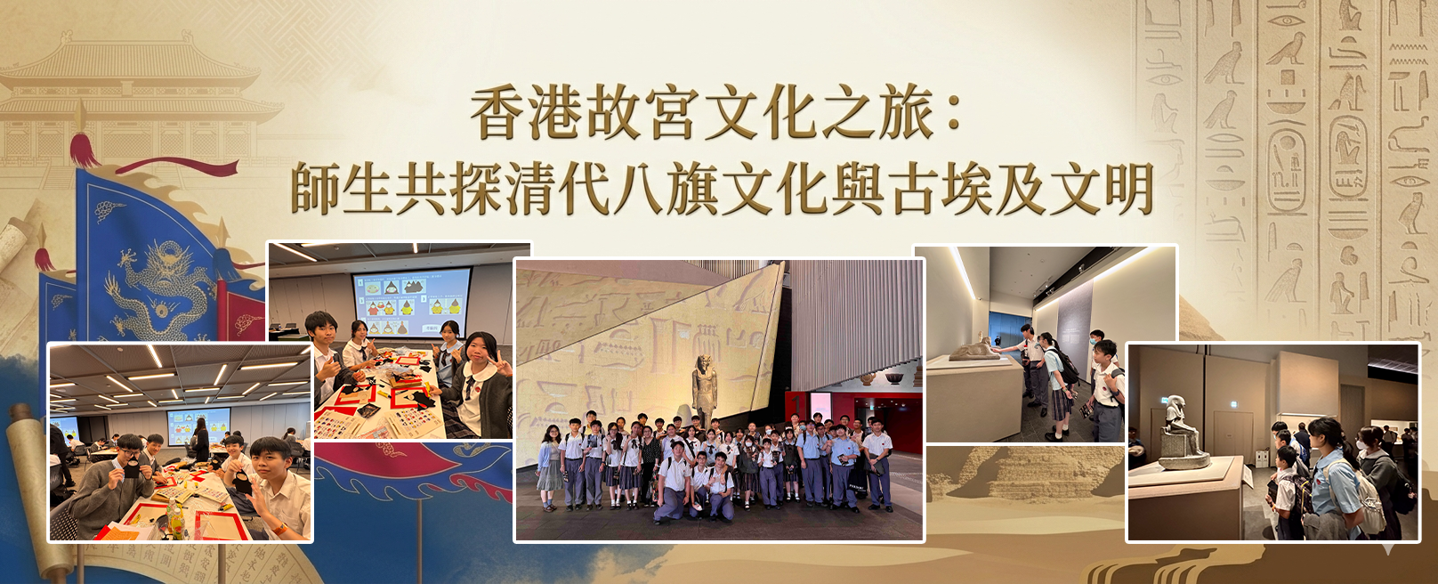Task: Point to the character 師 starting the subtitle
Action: pyautogui.click(x=315, y=188)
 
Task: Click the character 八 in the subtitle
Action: pyautogui.click(x=638, y=188)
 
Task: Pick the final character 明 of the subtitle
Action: pyautogui.click(x=1127, y=188)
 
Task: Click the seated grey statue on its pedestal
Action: pyautogui.click(x=1181, y=432)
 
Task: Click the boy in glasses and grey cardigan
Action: pyautogui.click(x=112, y=487)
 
